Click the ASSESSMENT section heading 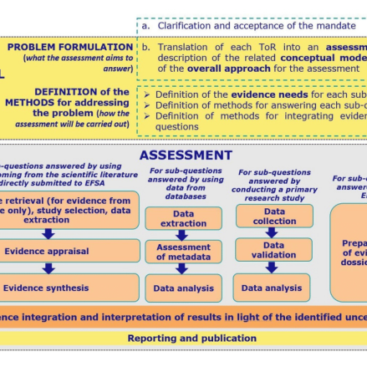point(186,155)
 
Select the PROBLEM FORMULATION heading point(70,47)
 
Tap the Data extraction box point(183,219)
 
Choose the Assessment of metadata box point(183,252)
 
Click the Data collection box point(274,216)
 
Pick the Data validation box point(273,251)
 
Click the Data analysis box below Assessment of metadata point(183,288)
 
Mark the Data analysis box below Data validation point(272,288)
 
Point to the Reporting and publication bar point(191,338)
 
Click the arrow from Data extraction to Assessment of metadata point(182,235)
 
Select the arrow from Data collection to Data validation point(273,233)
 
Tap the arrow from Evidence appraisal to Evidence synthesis point(48,269)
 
